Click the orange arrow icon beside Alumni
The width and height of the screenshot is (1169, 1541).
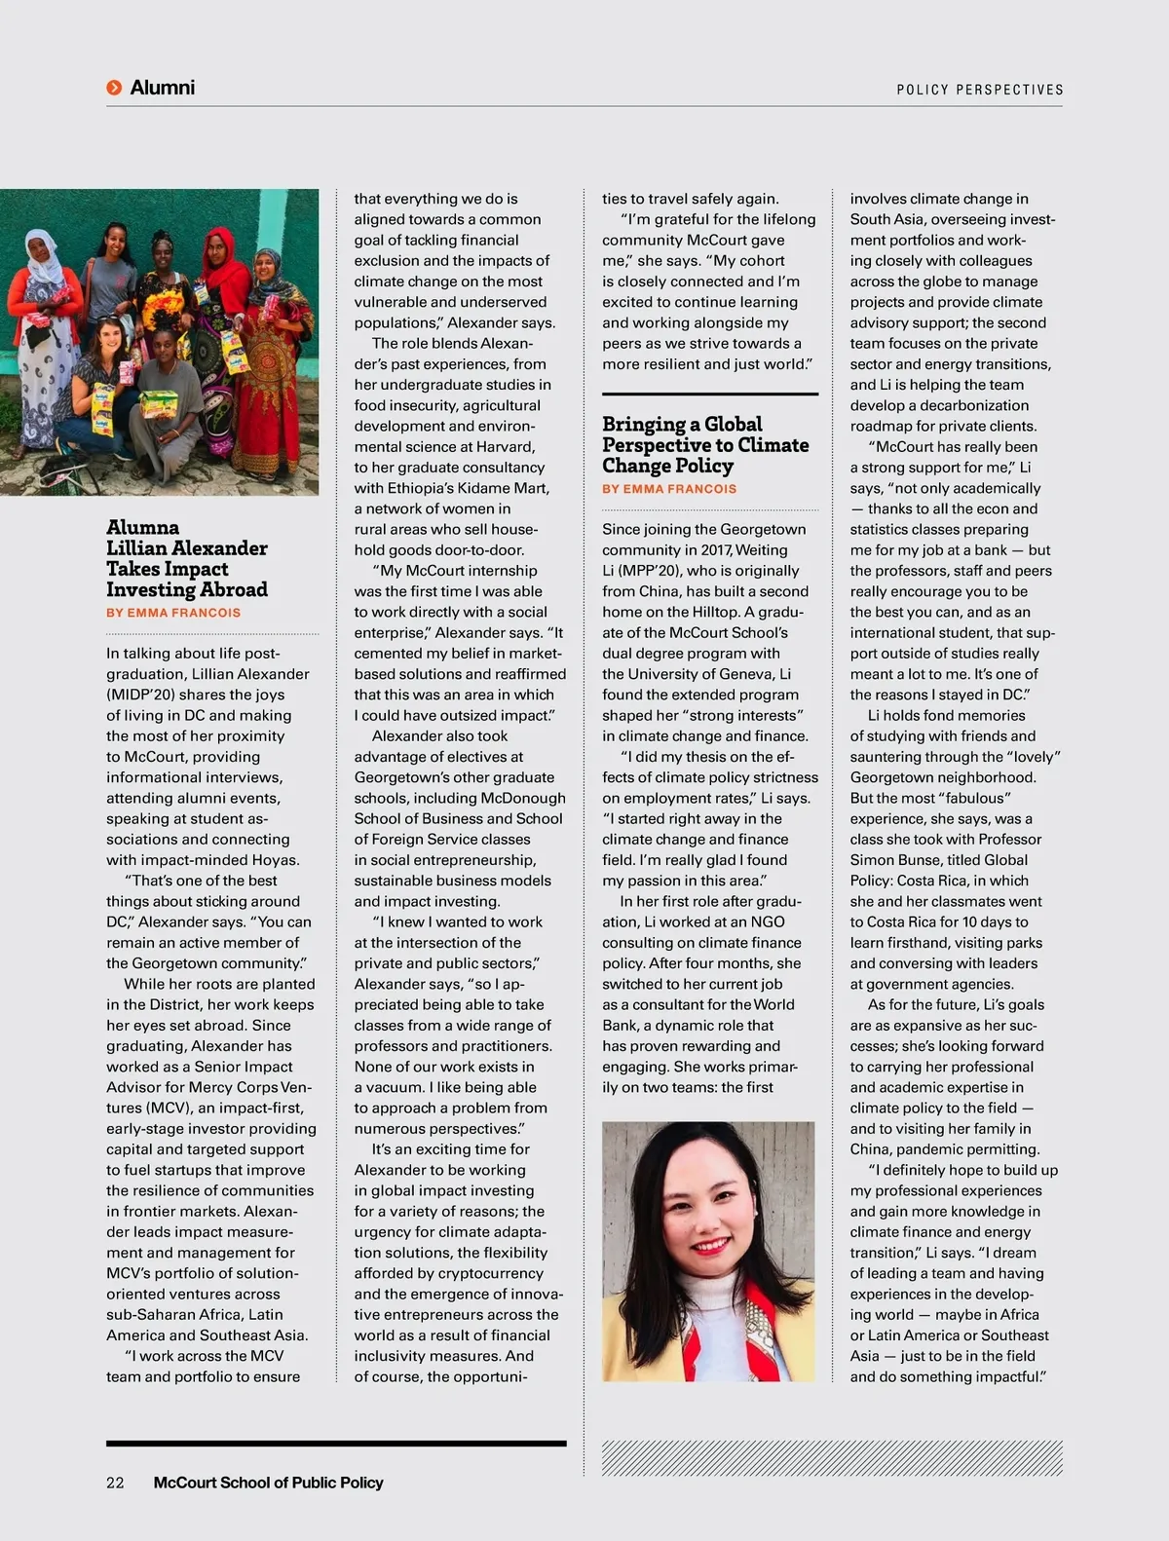click(x=114, y=88)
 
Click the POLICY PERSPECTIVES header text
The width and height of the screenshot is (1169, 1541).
click(x=979, y=90)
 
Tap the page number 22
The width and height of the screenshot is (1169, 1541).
click(x=115, y=1483)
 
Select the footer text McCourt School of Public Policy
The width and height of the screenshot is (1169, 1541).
click(x=268, y=1483)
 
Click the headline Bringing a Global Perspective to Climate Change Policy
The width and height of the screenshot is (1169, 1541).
click(x=705, y=444)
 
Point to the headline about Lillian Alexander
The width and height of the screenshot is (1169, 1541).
click(x=187, y=558)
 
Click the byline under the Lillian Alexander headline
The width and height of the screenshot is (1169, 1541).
click(x=173, y=613)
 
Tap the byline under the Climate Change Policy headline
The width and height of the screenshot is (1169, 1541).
click(x=669, y=489)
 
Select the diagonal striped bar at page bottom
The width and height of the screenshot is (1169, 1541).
click(x=832, y=1458)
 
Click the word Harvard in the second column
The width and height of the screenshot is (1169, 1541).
click(x=504, y=447)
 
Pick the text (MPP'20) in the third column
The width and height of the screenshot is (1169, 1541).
click(x=639, y=571)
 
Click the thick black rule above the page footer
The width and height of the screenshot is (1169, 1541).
click(x=336, y=1443)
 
